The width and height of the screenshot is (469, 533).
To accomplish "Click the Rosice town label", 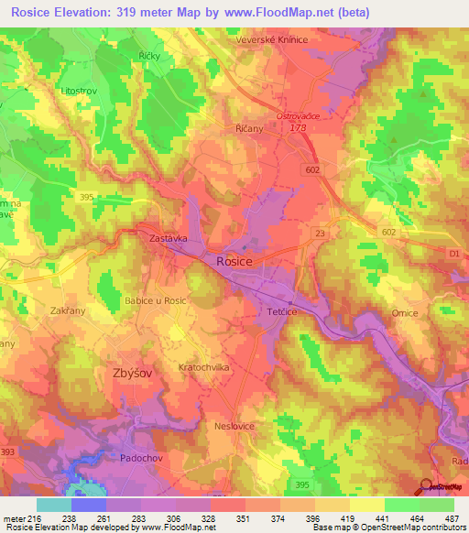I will pos(234,261).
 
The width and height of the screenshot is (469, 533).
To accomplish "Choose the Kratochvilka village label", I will pos(202,366).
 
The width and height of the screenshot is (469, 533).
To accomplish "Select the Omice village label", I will pos(405,313).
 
